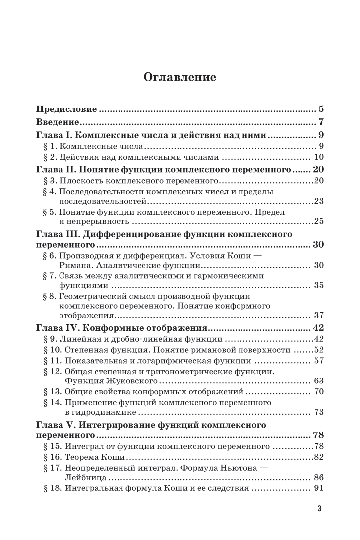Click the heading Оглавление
pyautogui.click(x=180, y=77)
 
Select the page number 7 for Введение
pyautogui.click(x=321, y=122)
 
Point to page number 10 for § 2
pyautogui.click(x=318, y=158)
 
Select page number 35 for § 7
pyautogui.click(x=318, y=286)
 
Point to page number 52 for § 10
pyautogui.click(x=318, y=350)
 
